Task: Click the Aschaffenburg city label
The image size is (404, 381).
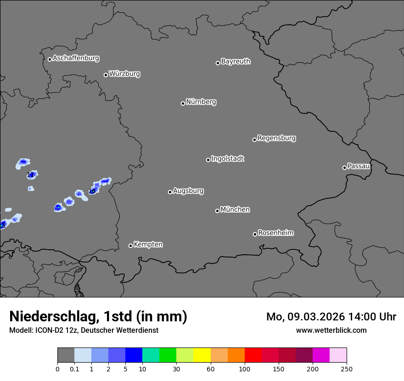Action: [x=76, y=58]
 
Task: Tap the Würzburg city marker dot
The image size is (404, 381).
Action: [x=106, y=75]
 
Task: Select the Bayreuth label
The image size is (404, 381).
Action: [x=236, y=62]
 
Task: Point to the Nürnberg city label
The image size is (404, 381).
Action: [x=201, y=102]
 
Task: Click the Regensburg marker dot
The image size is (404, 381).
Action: [x=254, y=140]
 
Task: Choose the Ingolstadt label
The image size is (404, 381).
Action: [x=227, y=159]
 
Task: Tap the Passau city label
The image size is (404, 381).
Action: [x=359, y=166]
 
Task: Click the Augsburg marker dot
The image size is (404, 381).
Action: [x=170, y=192]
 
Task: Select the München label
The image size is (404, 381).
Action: [x=235, y=210]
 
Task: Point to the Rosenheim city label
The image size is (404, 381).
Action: [x=275, y=233]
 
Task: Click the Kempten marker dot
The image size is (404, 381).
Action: [x=130, y=246]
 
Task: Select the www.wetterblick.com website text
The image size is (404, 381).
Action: [x=331, y=330]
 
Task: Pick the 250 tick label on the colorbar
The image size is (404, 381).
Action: [x=347, y=369]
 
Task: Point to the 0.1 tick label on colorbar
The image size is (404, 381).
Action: [x=74, y=369]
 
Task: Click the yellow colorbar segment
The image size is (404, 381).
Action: [x=202, y=355]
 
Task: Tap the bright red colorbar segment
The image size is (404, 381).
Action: [x=253, y=355]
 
